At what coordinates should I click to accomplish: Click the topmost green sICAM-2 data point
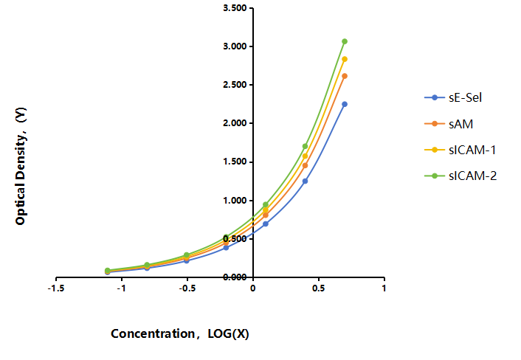(x=345, y=41)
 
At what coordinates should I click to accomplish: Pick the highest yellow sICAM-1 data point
(x=345, y=59)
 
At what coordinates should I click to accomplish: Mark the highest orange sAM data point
(x=345, y=76)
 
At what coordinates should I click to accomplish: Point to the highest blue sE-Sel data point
(x=345, y=104)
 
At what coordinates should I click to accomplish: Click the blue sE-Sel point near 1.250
(x=305, y=181)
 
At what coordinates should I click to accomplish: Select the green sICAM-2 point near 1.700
(x=305, y=147)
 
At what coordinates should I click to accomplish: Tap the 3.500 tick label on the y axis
(x=235, y=8)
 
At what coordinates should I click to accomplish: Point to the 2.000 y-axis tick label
(x=235, y=123)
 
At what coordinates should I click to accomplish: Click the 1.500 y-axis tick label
(x=235, y=162)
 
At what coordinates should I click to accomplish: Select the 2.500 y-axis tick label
(x=235, y=85)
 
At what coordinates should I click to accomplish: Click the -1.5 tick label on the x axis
(x=56, y=288)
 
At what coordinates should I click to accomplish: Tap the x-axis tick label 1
(x=384, y=288)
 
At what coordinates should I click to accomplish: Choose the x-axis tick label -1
(x=122, y=288)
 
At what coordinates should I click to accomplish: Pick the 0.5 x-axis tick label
(x=318, y=288)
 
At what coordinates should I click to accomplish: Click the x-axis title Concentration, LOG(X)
(x=180, y=333)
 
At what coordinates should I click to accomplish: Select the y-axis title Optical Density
(x=21, y=166)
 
